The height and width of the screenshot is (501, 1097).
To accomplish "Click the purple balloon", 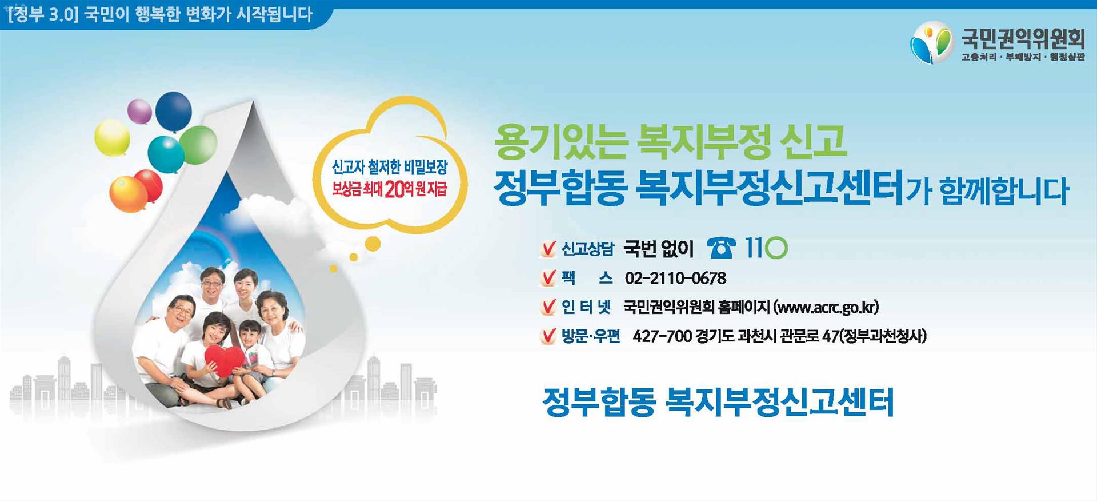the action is [x=139, y=111].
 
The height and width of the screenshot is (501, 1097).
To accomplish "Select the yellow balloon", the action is [x=112, y=137].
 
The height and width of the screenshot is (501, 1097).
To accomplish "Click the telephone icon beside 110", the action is [x=721, y=248].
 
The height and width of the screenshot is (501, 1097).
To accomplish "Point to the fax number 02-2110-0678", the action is [x=675, y=279].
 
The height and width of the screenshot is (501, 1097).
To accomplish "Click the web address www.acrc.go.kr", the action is [x=826, y=307].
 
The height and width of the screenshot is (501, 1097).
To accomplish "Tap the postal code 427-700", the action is [x=662, y=336].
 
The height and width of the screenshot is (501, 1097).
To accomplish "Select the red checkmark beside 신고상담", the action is [x=548, y=249].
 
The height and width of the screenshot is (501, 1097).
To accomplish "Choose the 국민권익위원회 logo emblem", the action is [x=932, y=42].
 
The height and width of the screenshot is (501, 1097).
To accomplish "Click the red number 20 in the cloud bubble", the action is [x=394, y=189].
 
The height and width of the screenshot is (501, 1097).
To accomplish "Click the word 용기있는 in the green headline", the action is [x=561, y=142].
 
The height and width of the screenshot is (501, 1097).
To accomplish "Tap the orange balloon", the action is [x=128, y=194].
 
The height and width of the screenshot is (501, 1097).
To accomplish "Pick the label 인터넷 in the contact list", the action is [x=586, y=307].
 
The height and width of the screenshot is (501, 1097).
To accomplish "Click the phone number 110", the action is [x=766, y=248].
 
